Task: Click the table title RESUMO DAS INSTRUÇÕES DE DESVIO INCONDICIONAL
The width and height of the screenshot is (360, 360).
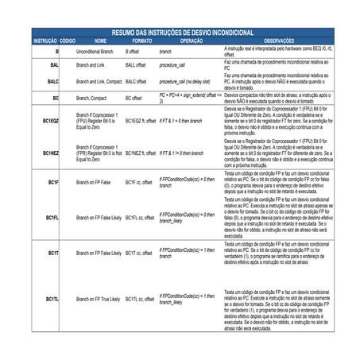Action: (182, 32)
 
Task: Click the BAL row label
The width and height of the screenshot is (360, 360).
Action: (54, 64)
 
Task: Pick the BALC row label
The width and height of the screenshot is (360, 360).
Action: (52, 81)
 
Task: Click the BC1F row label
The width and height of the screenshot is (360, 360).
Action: (52, 183)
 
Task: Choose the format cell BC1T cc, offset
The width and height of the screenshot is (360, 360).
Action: (139, 253)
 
